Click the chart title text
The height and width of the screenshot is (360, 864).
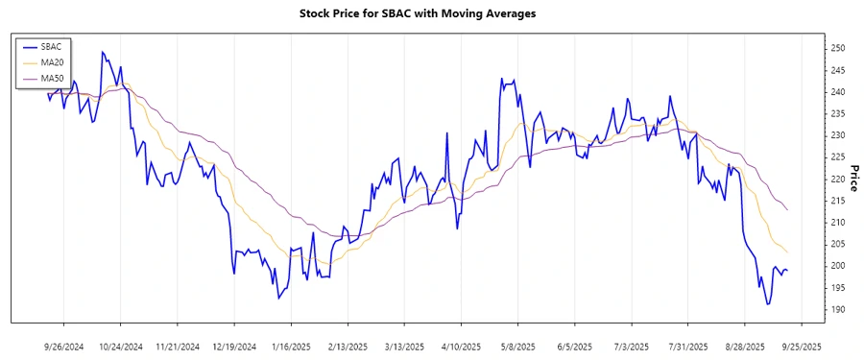431,13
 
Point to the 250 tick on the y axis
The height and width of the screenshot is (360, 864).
838,48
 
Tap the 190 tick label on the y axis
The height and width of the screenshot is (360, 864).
838,310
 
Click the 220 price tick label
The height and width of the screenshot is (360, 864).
838,180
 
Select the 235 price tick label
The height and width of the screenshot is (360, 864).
838,113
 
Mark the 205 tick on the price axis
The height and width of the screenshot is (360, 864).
838,245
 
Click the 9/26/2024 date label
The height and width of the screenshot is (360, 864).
63,346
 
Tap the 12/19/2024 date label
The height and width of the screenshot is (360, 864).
233,346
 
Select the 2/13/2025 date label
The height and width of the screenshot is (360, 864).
348,346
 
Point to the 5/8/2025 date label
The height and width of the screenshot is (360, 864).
517,346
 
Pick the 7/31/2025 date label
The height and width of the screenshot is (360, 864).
687,346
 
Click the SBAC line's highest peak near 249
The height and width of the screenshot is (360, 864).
102,52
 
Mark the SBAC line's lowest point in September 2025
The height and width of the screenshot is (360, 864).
768,304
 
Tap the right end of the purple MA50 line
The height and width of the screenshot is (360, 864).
788,210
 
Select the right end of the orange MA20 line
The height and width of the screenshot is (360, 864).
788,252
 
